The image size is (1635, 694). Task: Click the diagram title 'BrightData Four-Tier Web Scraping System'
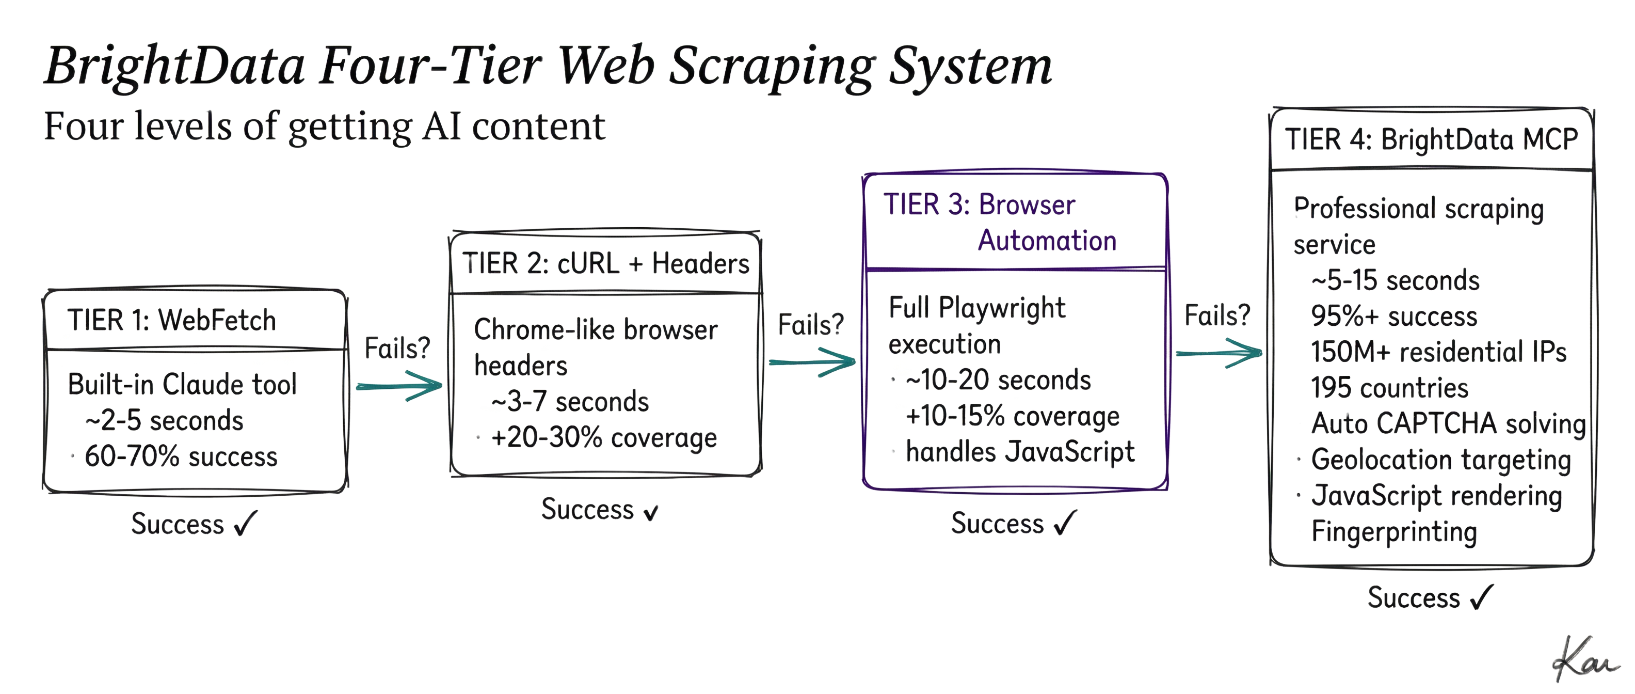coord(549,67)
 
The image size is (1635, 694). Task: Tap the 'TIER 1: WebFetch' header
coord(171,320)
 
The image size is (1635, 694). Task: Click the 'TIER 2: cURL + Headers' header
coord(605,263)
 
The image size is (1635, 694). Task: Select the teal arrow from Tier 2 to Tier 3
coord(812,362)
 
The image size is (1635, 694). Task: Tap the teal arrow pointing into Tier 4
coord(1219,353)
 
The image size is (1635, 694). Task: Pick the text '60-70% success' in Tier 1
coord(181,456)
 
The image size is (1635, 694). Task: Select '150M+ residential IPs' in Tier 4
coord(1438,352)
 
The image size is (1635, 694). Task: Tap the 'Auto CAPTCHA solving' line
coord(1448,423)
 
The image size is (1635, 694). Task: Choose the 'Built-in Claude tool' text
coord(182,385)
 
